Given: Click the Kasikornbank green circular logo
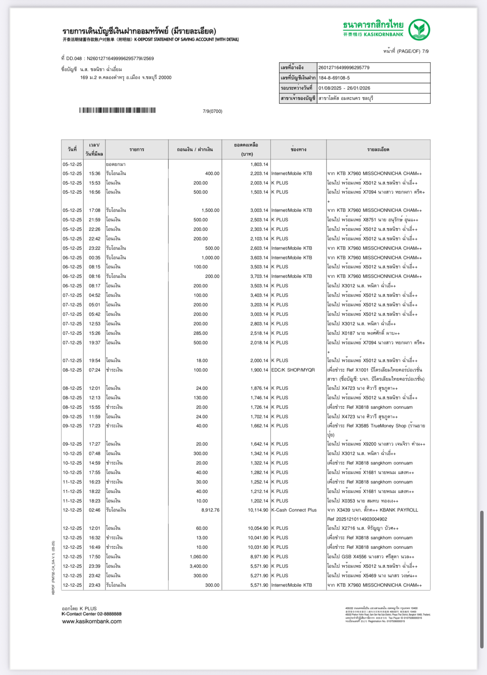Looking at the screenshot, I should [x=419, y=30].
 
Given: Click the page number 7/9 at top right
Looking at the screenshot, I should [x=425, y=51].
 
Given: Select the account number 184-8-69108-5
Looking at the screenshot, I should [x=334, y=78].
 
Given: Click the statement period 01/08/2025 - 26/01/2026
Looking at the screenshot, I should [x=344, y=88].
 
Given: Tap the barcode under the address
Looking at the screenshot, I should [x=118, y=110].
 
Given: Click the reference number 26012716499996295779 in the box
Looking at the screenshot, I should [x=344, y=68].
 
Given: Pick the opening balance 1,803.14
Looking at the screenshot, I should [x=259, y=164].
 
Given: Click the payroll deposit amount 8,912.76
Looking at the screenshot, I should [x=210, y=510].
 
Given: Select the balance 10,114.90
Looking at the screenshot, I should [x=258, y=510].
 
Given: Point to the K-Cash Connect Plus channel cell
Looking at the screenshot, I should [x=294, y=510].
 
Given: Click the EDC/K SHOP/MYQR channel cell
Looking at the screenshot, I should [x=293, y=370].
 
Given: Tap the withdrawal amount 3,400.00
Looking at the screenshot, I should [x=199, y=566].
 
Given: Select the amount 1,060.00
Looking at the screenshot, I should [x=199, y=557].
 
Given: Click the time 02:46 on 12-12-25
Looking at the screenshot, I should [x=94, y=510].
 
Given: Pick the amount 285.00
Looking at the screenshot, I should [x=201, y=333].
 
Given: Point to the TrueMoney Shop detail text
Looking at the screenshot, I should [x=383, y=426].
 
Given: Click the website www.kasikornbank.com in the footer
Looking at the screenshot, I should [x=92, y=622].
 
